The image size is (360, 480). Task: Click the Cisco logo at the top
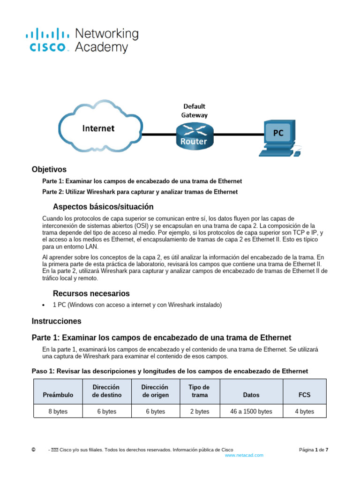82,40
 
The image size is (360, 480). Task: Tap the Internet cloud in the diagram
99,127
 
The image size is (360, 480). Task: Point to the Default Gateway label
195,111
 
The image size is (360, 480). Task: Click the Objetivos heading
49,170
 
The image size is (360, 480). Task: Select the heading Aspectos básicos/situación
103,207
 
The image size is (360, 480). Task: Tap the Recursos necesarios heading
91,293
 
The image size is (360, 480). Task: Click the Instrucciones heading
56,321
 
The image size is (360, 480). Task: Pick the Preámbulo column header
58,395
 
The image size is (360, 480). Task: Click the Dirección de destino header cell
107,391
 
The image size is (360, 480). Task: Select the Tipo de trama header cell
199,391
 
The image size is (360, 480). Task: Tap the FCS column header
305,395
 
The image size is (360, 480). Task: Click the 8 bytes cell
58,412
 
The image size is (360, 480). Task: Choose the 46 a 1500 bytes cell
251,412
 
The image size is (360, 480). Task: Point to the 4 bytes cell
305,412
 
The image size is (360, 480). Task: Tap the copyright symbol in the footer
33,450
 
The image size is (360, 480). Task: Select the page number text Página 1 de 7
314,450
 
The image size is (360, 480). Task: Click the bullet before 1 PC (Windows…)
44,305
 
